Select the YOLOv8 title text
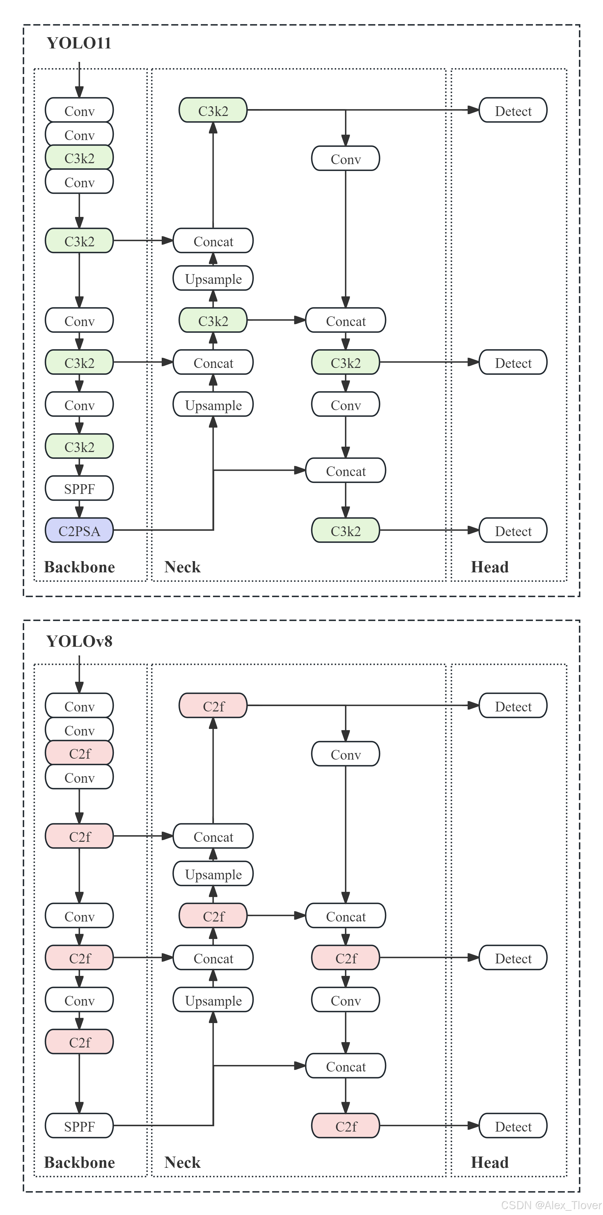(x=79, y=641)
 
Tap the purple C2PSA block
(x=79, y=531)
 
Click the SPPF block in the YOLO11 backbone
(x=79, y=489)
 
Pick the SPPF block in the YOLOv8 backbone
(x=79, y=1126)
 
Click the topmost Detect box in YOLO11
(x=513, y=111)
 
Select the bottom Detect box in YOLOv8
(x=513, y=1126)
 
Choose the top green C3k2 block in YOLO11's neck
(x=213, y=111)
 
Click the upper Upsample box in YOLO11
(x=213, y=279)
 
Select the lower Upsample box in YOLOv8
(x=213, y=1000)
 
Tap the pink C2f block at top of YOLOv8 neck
(x=213, y=706)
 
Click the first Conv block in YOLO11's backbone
(x=79, y=111)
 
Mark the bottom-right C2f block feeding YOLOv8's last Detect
(x=345, y=1126)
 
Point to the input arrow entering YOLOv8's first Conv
(x=79, y=675)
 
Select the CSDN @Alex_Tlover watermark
(x=551, y=1205)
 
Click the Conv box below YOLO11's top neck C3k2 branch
(x=345, y=159)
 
